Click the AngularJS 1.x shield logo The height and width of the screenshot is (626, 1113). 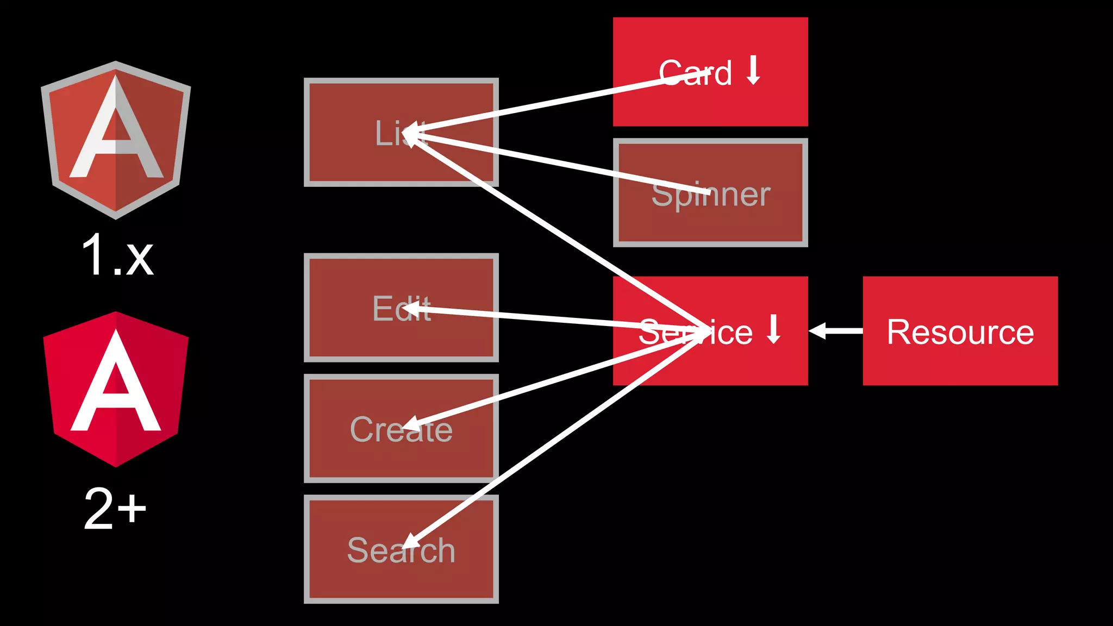click(x=116, y=140)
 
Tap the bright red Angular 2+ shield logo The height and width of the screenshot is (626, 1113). click(x=116, y=389)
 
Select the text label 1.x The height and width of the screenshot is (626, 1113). click(x=117, y=255)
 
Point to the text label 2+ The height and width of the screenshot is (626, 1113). click(x=115, y=509)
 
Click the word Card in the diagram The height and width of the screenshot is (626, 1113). click(x=695, y=73)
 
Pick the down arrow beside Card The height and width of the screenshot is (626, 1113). click(x=753, y=70)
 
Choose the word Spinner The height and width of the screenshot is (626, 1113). click(x=711, y=195)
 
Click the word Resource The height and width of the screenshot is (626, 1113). click(x=960, y=332)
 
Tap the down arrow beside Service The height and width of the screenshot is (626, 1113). click(x=774, y=329)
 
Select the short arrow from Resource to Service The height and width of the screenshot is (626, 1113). click(x=836, y=330)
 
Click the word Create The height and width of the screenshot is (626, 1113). click(x=401, y=429)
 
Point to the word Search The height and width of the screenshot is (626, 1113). click(x=401, y=550)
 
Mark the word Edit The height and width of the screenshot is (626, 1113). click(x=401, y=309)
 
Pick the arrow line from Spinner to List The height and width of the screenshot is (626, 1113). click(x=560, y=162)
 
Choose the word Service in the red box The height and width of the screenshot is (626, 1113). click(x=695, y=332)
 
